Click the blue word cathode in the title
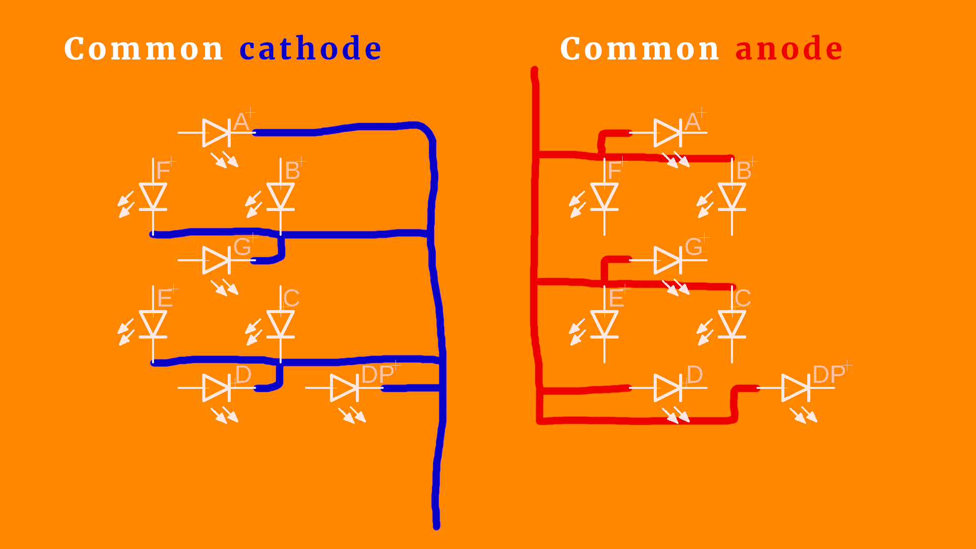point(310,49)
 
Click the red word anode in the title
point(789,49)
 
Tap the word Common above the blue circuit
point(144,49)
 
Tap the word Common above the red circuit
point(640,49)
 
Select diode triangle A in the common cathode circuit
point(216,133)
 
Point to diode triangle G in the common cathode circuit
point(216,260)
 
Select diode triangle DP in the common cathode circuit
point(343,388)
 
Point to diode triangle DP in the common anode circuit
point(795,388)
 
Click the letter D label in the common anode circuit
point(694,375)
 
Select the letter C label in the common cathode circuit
point(291,298)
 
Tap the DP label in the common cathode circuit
point(377,375)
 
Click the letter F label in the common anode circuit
point(615,170)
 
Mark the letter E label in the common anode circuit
point(616,298)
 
